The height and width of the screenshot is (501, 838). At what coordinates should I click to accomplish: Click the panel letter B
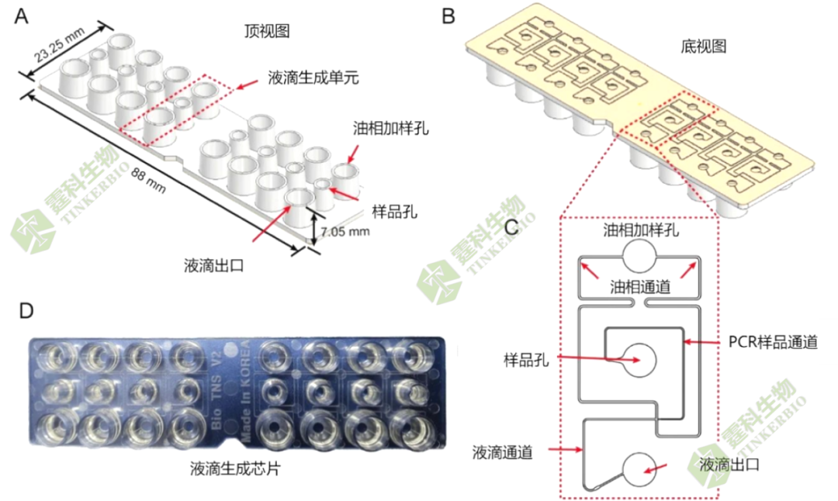(448, 16)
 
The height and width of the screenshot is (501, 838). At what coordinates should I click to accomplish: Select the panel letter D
(26, 311)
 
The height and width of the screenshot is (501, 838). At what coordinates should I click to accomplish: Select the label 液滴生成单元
(313, 77)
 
